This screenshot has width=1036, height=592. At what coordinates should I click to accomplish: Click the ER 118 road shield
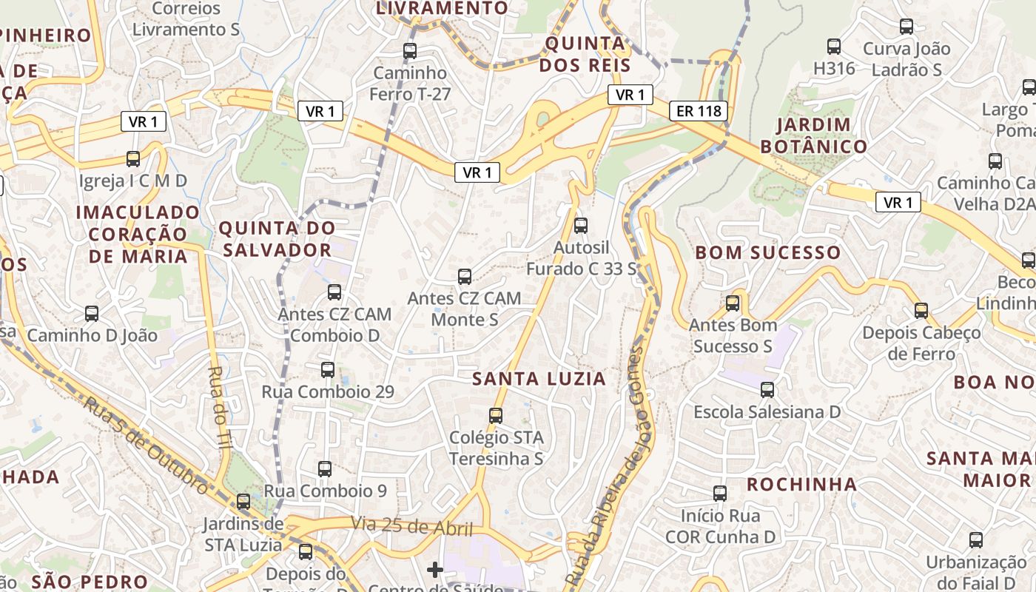(698, 112)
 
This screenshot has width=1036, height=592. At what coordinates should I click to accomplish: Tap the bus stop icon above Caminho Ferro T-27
(409, 51)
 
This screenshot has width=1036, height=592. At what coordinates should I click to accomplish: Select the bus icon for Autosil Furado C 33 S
(581, 225)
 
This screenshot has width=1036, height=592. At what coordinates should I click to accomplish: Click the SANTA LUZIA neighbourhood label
(539, 379)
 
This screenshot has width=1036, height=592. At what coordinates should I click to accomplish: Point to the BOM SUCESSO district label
(767, 252)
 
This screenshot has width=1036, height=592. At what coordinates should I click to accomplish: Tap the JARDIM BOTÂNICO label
(813, 135)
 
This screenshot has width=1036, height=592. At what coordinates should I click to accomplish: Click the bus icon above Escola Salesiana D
(767, 389)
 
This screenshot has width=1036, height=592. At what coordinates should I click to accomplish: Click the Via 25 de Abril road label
(411, 527)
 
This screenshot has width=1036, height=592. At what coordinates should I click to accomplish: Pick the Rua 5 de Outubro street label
(145, 445)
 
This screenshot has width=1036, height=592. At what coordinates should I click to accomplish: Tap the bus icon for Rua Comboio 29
(328, 369)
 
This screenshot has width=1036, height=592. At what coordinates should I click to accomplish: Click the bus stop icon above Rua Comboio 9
(325, 468)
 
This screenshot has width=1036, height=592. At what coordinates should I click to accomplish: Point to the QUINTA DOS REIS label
(585, 54)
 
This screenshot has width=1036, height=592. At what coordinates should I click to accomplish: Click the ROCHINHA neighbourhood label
(801, 485)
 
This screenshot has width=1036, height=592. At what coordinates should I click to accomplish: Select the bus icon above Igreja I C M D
(133, 158)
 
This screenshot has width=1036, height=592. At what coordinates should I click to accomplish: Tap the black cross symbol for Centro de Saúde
(435, 569)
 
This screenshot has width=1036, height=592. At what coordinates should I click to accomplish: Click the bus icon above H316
(834, 47)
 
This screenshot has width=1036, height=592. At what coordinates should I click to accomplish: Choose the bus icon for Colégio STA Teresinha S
(496, 416)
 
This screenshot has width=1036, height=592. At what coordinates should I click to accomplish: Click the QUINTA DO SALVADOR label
(277, 238)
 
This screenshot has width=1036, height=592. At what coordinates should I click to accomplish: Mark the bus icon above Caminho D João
(92, 314)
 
